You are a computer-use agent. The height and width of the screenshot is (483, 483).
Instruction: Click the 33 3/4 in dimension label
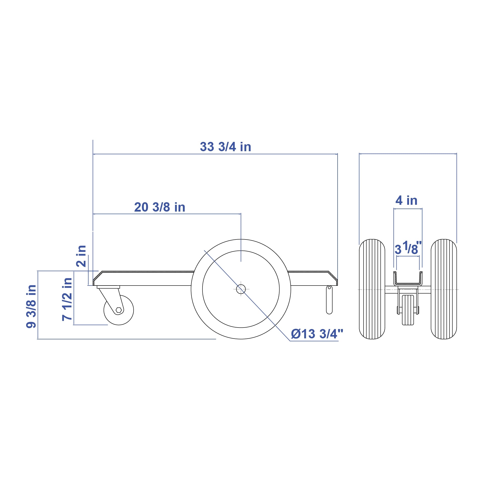[x=225, y=147]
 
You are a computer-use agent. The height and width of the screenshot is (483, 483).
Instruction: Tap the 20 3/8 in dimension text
[x=160, y=207]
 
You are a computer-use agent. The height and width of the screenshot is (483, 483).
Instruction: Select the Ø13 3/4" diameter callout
[x=317, y=334]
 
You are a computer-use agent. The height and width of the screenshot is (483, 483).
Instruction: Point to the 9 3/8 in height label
[x=31, y=307]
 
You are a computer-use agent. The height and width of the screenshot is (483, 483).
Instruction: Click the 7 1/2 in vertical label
[x=67, y=299]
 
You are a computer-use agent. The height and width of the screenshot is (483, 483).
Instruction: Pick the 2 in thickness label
[x=81, y=256]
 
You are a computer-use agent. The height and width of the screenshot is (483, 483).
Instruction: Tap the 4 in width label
[x=406, y=200]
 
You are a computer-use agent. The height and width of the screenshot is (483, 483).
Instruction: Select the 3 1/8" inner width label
[x=408, y=248]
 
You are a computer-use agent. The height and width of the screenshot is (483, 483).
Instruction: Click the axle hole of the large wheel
[x=241, y=289]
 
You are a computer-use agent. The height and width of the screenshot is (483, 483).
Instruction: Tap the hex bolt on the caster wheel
[x=119, y=310]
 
